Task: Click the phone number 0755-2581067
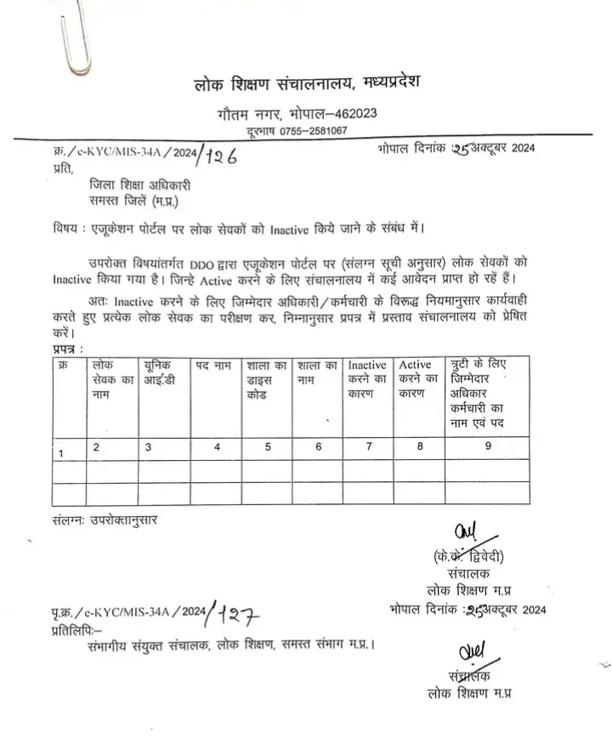coord(316,130)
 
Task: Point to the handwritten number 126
coord(219,154)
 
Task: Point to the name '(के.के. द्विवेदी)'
coord(468,558)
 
